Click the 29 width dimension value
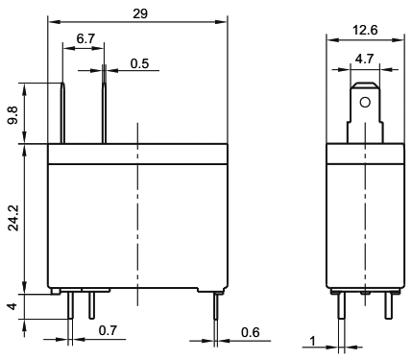(x=140, y=13)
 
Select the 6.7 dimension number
(x=85, y=38)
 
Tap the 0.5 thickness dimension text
(x=140, y=63)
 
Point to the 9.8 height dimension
(x=13, y=116)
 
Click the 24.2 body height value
(x=13, y=218)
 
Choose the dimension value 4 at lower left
(x=12, y=306)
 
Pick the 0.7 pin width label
(x=108, y=330)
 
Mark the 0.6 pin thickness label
(x=251, y=332)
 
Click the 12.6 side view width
(x=365, y=30)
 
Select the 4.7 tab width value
(x=365, y=59)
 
